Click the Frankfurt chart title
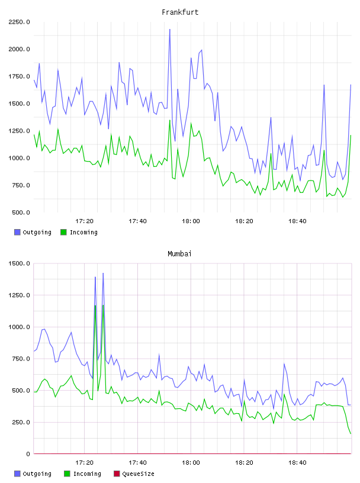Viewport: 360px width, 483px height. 180,12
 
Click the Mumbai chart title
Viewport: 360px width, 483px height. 179,254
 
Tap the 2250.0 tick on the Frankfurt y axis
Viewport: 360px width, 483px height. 19,22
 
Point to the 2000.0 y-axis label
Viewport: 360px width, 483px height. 19,49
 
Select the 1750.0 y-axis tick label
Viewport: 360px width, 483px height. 19,76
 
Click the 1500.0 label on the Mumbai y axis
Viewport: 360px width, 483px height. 19,263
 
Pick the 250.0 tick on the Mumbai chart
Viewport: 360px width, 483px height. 21,422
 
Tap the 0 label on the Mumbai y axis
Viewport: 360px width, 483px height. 28,454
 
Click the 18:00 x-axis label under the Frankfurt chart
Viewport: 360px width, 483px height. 191,221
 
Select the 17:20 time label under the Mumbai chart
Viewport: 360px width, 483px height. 84,463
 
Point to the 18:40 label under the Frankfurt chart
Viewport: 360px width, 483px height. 297,221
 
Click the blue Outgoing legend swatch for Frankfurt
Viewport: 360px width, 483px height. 17,232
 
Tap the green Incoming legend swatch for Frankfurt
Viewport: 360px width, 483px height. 63,232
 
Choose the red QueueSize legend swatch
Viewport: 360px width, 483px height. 117,474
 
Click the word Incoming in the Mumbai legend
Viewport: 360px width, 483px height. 87,474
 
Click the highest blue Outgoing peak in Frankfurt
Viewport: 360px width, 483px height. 170,30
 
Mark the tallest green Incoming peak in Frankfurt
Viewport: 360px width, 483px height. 170,120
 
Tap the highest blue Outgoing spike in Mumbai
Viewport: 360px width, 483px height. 103,273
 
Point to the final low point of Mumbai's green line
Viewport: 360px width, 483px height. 351,434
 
